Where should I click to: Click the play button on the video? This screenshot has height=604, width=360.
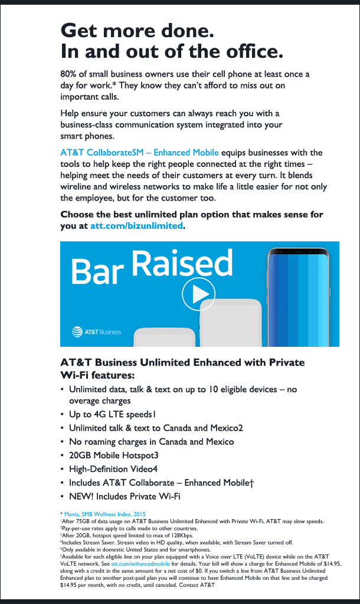pos(198,293)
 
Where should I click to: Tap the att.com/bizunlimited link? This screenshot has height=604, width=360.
pos(136,225)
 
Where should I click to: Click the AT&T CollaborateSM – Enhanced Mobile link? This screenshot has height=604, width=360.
pos(139,153)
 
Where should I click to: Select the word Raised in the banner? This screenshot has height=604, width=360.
pos(182,264)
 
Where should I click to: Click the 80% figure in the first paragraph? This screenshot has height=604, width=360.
pos(69,74)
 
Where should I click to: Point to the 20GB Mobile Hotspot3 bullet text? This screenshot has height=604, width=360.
pos(113,455)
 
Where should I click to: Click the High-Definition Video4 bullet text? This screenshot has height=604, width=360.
pos(113,469)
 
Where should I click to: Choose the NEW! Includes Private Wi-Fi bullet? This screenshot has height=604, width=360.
pos(125,497)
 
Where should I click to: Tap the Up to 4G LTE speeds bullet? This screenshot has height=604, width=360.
pos(112,414)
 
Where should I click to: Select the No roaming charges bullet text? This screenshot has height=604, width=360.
pos(151,442)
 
